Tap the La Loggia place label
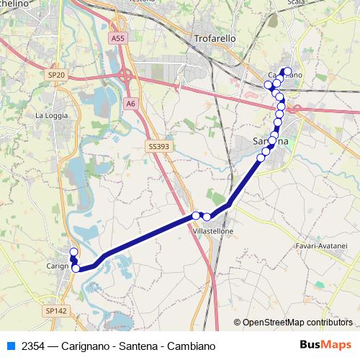coord(50,114)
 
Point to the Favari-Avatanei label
coord(321,246)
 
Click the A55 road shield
coord(118,37)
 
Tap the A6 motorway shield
coord(130,104)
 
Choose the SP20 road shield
coord(56,74)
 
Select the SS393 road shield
coord(158,146)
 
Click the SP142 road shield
coord(55,310)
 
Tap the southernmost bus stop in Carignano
coord(76,269)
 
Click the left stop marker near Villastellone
coord(196,215)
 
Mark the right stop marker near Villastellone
coord(207,217)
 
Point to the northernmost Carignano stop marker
coord(73,251)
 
